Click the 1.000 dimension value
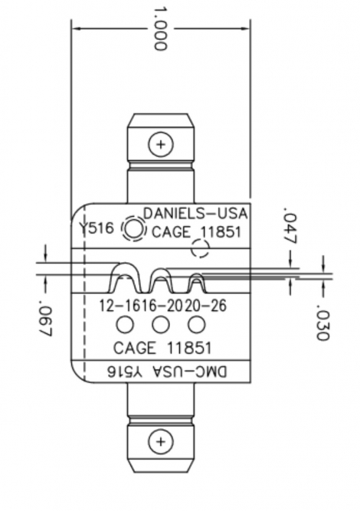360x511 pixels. (x=160, y=28)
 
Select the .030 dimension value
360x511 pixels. (x=322, y=323)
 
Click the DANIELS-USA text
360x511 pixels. (x=195, y=214)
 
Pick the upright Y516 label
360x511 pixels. (x=98, y=228)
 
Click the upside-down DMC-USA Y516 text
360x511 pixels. (x=167, y=372)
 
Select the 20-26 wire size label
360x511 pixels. (x=205, y=306)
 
